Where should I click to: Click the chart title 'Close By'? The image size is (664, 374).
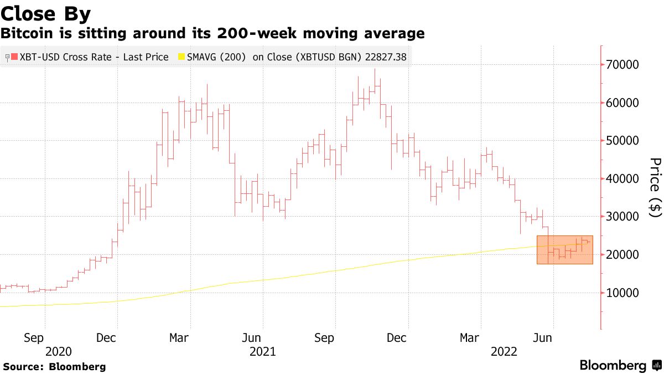point(46,13)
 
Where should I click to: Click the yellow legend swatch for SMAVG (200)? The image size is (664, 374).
point(180,57)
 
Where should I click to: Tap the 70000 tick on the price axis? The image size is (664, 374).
point(623,65)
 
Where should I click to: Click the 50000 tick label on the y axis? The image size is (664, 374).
point(623,141)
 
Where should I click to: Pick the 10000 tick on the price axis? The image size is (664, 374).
point(623,293)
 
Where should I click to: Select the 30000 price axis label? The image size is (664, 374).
point(623,217)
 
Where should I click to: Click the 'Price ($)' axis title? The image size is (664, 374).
point(655,188)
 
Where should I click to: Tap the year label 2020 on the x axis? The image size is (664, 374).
point(59,351)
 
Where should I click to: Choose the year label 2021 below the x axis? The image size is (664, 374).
point(263,351)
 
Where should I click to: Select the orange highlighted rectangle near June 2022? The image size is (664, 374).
point(564,249)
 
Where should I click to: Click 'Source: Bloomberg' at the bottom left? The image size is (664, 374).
point(54,367)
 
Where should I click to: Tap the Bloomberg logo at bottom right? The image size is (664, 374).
point(613,366)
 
